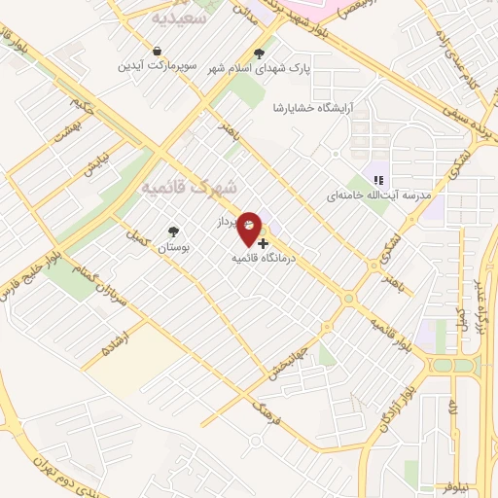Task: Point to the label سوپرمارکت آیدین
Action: click(x=158, y=66)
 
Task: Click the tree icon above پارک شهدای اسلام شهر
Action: click(x=258, y=53)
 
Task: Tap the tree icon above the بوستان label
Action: click(x=173, y=231)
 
